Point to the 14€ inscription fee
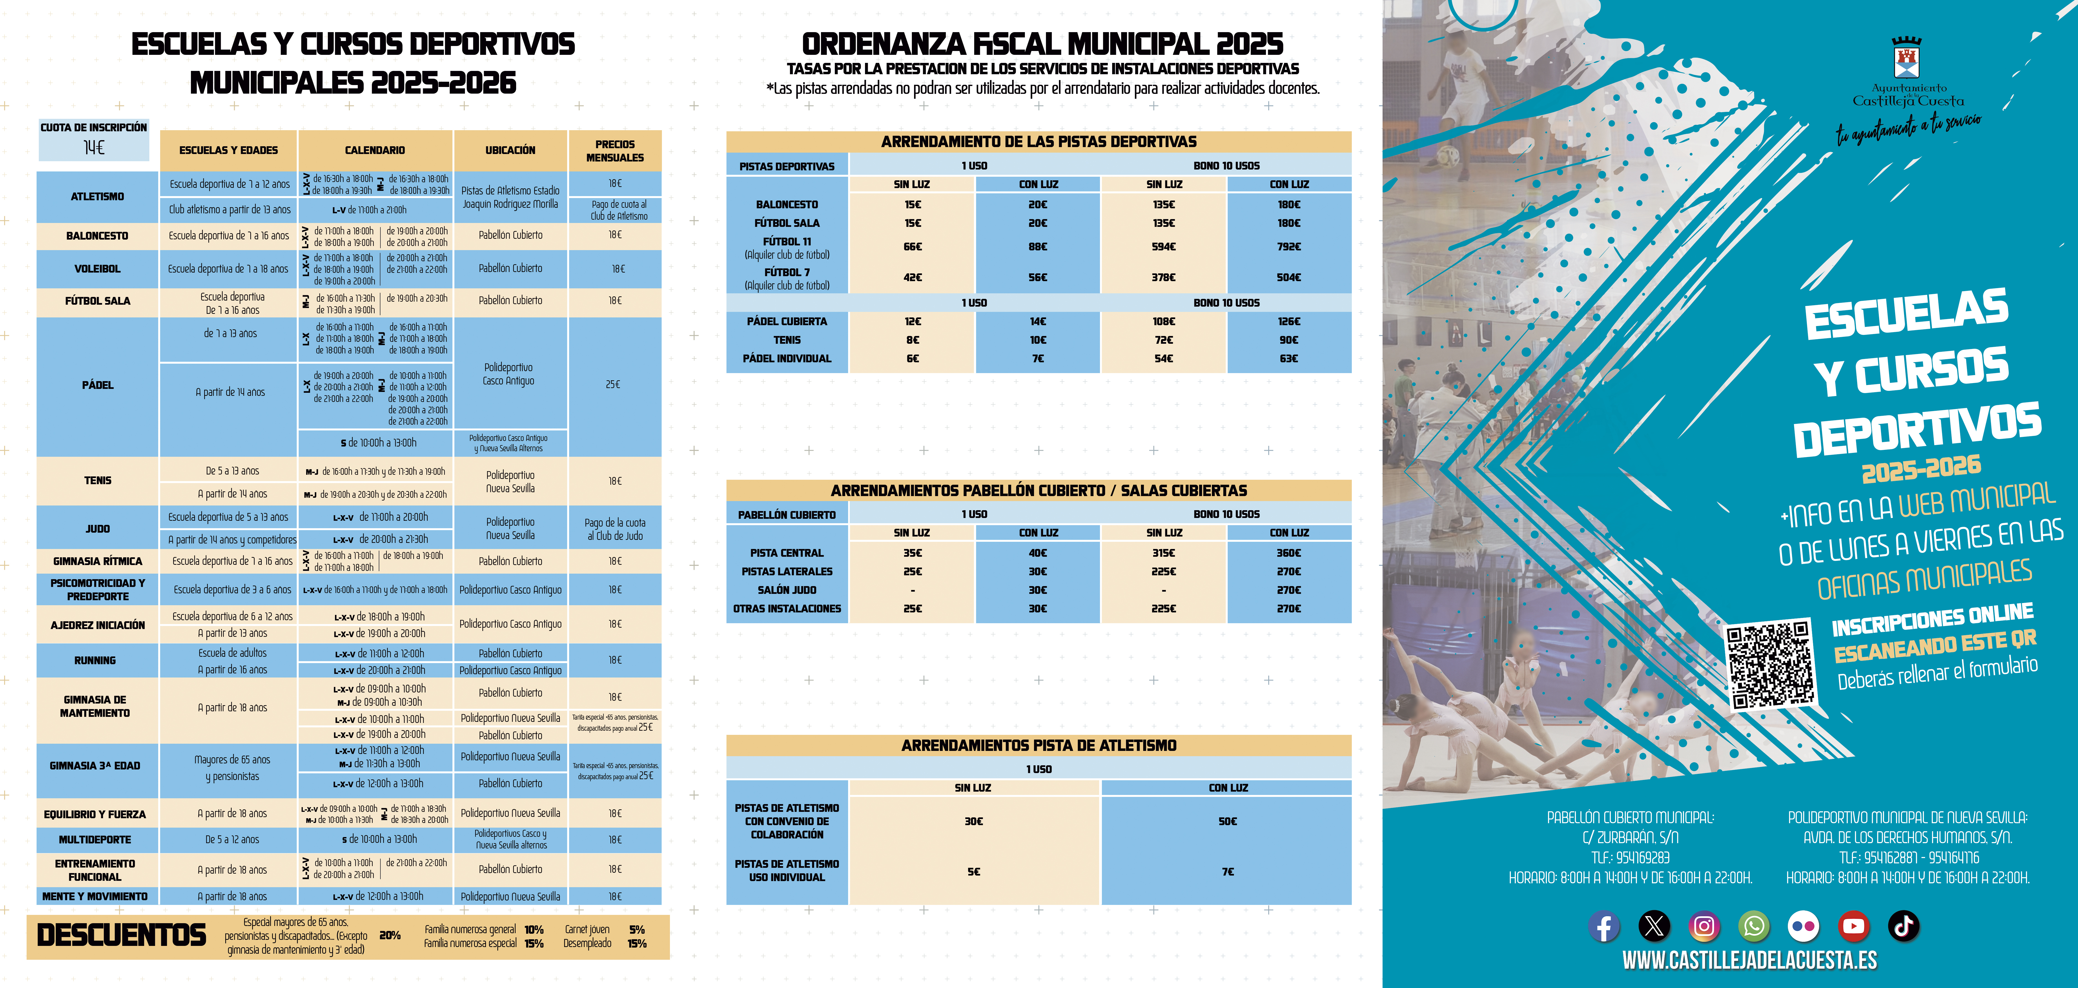[x=94, y=148]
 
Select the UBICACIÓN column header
[x=510, y=150]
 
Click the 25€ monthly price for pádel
[x=613, y=385]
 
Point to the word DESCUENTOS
[x=122, y=936]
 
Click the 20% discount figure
[x=390, y=936]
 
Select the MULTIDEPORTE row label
[x=95, y=840]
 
